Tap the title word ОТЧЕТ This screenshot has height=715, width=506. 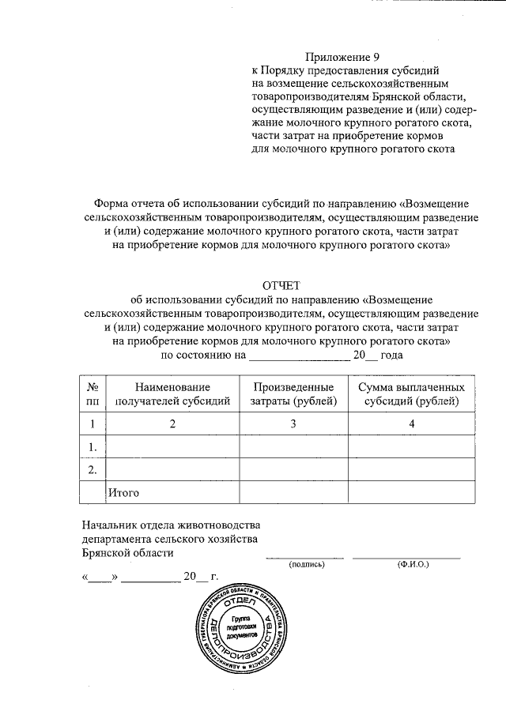(x=281, y=284)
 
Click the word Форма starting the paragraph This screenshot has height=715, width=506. (x=111, y=202)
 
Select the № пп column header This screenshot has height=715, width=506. (x=93, y=394)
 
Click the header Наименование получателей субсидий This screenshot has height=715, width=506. (x=172, y=394)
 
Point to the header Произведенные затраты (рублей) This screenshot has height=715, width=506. (x=293, y=394)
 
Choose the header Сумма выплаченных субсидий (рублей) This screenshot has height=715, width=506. (x=410, y=394)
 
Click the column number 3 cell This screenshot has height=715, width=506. (x=293, y=424)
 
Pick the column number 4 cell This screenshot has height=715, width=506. (x=410, y=424)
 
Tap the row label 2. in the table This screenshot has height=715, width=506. (x=93, y=470)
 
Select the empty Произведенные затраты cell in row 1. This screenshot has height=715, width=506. (x=293, y=447)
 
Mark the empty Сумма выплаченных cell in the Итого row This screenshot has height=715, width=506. (x=410, y=493)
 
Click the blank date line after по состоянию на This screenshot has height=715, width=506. (x=299, y=356)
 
